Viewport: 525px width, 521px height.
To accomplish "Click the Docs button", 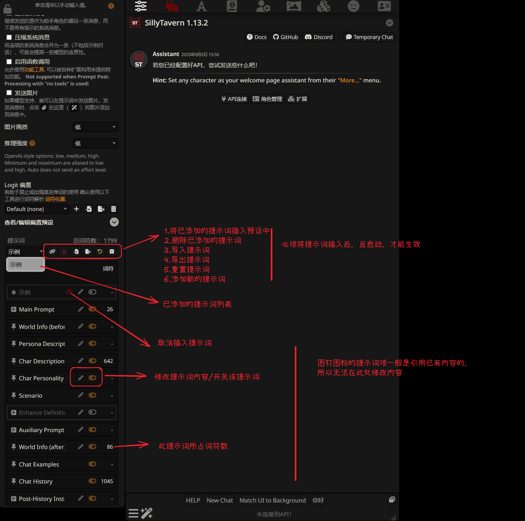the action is pyautogui.click(x=257, y=37).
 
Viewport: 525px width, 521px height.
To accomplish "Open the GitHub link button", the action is pyautogui.click(x=286, y=37).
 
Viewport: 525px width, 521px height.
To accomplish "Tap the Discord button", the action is pyautogui.click(x=318, y=37).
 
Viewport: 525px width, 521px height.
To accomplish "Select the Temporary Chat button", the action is pyautogui.click(x=369, y=37).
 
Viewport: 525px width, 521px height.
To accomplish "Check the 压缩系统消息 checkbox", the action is pyautogui.click(x=9, y=37).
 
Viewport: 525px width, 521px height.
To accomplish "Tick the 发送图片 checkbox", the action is pyautogui.click(x=9, y=93).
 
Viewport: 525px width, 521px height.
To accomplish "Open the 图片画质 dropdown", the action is pyautogui.click(x=95, y=127).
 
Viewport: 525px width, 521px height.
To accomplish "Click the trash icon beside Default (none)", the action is pyautogui.click(x=114, y=209).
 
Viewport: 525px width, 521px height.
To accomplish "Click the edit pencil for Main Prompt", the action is pyautogui.click(x=80, y=309).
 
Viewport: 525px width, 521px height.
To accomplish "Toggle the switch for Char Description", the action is pyautogui.click(x=92, y=361).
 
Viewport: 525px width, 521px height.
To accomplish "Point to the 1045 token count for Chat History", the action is pyautogui.click(x=107, y=481).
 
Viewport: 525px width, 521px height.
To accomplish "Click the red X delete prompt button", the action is pyautogui.click(x=64, y=252).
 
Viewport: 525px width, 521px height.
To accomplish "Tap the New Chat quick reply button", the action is pyautogui.click(x=220, y=500).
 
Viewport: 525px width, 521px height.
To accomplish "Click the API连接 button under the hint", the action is pyautogui.click(x=234, y=99).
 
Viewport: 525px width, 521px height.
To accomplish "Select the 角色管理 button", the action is pyautogui.click(x=268, y=99).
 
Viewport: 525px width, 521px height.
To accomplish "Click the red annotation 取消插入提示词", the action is pyautogui.click(x=185, y=343).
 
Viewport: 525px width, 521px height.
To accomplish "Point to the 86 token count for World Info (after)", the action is pyautogui.click(x=110, y=447).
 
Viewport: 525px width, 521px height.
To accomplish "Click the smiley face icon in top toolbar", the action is pyautogui.click(x=353, y=6).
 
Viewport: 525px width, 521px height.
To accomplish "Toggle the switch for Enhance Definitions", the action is pyautogui.click(x=92, y=412).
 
